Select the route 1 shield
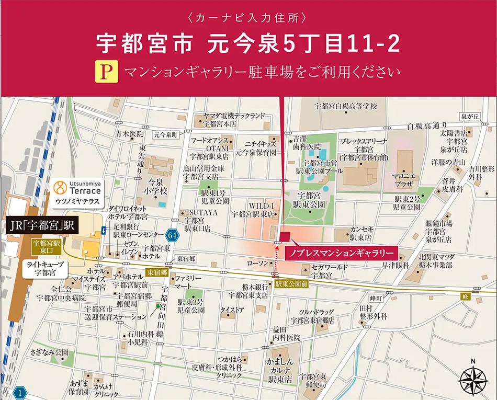click(x=20, y=392)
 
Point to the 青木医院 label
click(x=130, y=134)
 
